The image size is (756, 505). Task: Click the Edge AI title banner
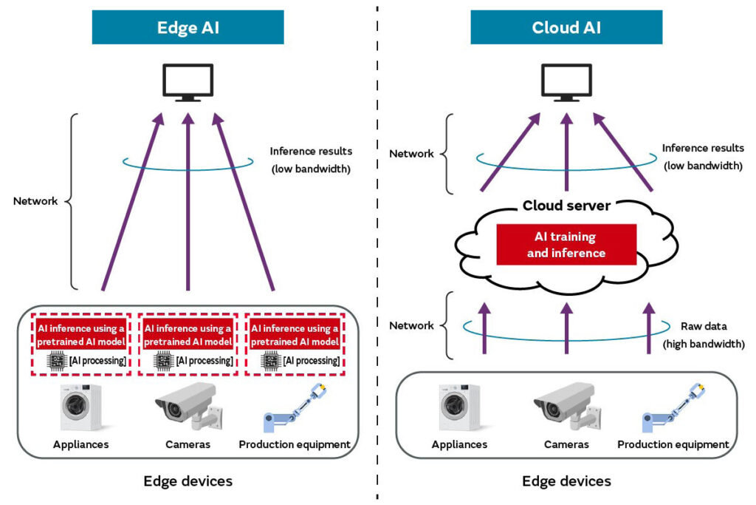(x=188, y=27)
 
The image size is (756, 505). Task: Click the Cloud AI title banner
(x=566, y=27)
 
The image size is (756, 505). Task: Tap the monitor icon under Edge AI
(x=188, y=83)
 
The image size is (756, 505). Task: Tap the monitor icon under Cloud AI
(x=566, y=83)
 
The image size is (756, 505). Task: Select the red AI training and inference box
(x=566, y=244)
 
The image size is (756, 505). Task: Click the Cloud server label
(x=566, y=206)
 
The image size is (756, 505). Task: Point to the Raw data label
(x=704, y=326)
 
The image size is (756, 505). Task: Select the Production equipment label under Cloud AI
(x=673, y=444)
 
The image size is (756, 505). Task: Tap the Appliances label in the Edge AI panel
(x=81, y=444)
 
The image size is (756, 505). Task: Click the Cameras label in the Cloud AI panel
(x=566, y=444)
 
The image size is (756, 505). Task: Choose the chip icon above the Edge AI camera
(x=163, y=361)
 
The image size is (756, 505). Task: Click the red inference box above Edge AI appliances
(x=81, y=335)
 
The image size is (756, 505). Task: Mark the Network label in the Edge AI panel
(x=35, y=201)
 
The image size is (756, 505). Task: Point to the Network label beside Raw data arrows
(x=411, y=325)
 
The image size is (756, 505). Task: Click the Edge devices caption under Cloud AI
(x=566, y=481)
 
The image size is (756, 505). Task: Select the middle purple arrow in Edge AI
(x=188, y=202)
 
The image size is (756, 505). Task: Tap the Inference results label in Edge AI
(x=311, y=151)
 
